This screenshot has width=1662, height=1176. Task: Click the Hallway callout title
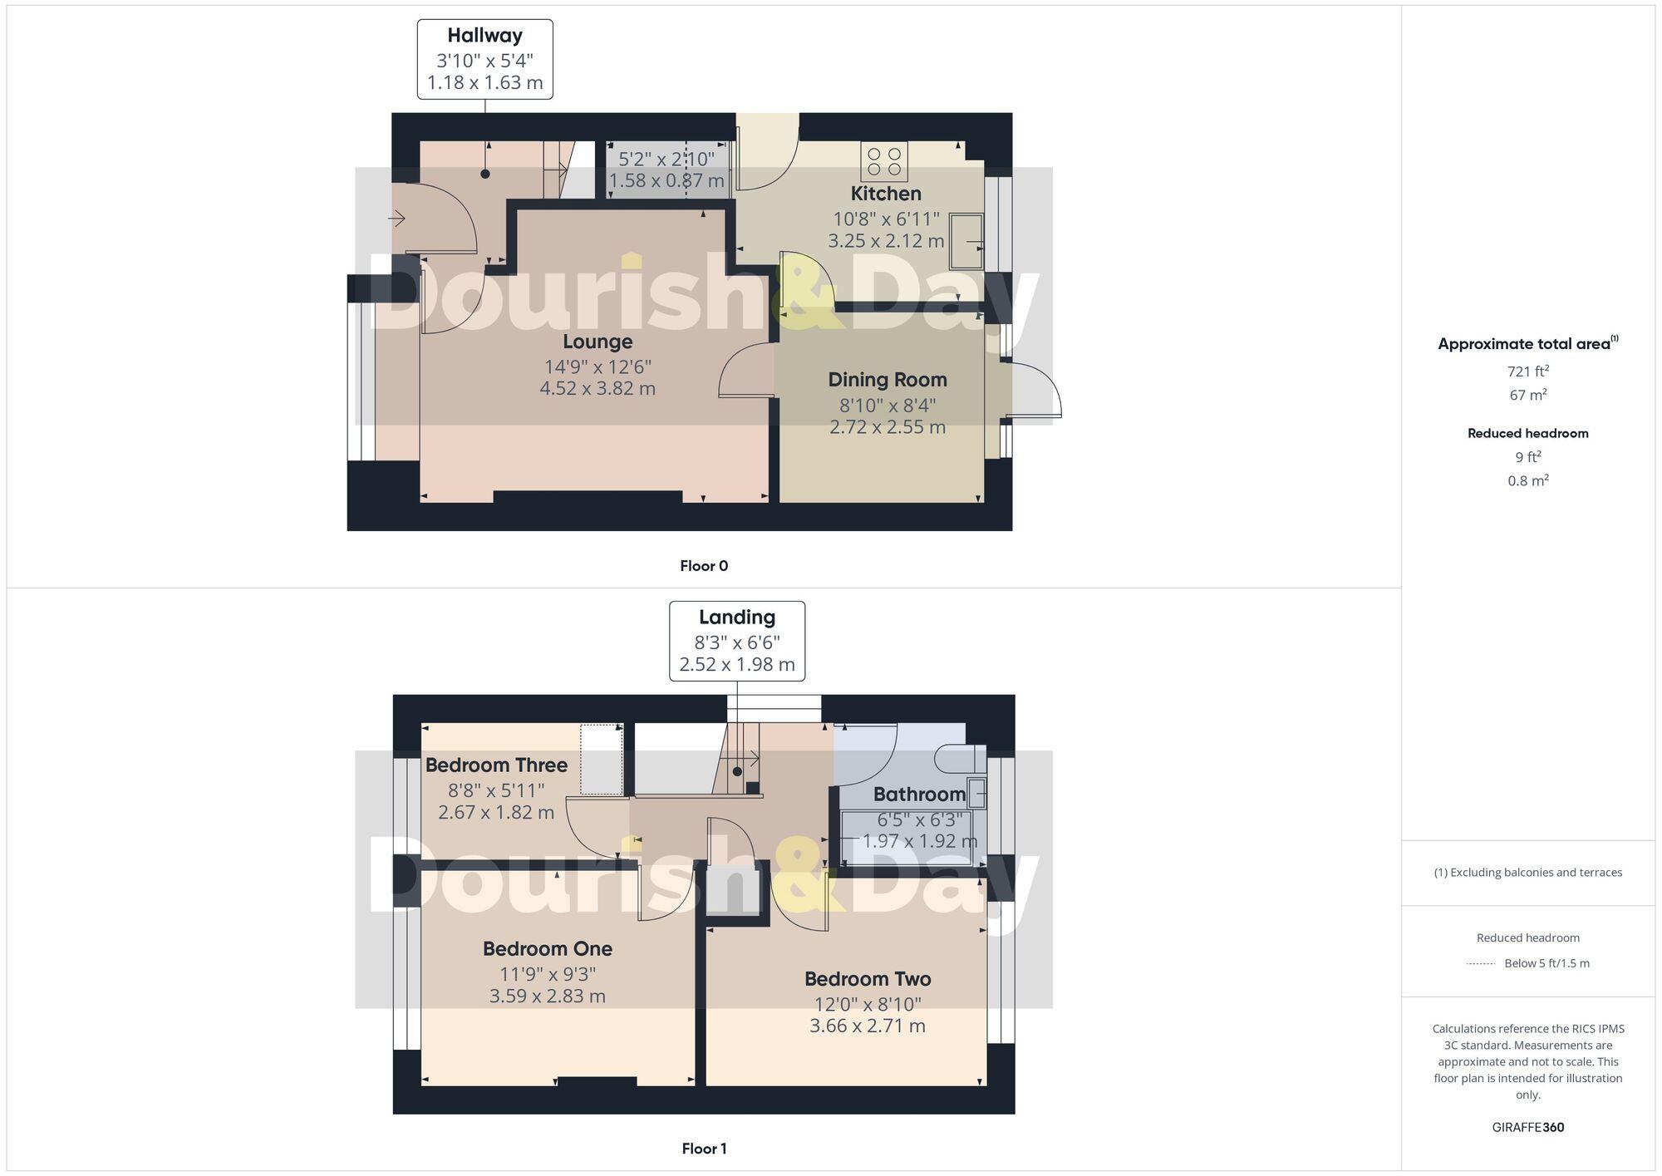[x=484, y=36]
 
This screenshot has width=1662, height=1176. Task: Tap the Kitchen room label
[x=886, y=194]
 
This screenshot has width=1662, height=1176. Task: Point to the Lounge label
[x=597, y=342]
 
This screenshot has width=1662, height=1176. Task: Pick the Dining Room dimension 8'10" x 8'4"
[x=888, y=406]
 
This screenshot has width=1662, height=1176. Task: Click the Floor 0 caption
[x=704, y=566]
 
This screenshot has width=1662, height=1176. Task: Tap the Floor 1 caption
[x=704, y=1149]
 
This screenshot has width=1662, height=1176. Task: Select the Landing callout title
[x=737, y=618]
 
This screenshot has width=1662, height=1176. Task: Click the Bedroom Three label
[x=496, y=765]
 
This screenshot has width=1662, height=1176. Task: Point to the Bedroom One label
[x=548, y=949]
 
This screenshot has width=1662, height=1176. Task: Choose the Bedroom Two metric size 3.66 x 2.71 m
[x=868, y=1026]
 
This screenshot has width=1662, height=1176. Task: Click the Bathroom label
[x=919, y=795]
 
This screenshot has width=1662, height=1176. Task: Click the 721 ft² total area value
[x=1528, y=371]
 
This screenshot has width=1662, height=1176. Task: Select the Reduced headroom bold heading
[x=1528, y=433]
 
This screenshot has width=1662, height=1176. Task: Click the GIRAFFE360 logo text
[x=1528, y=1128]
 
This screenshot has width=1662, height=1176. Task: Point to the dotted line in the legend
[x=1481, y=964]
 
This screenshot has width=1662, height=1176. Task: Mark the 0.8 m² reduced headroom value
[x=1528, y=481]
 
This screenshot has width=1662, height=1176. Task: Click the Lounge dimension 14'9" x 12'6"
[x=597, y=367]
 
